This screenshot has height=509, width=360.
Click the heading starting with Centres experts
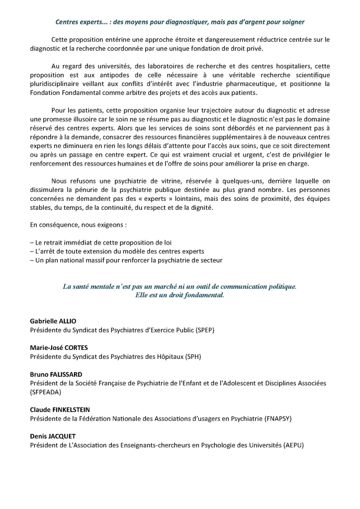click(x=180, y=22)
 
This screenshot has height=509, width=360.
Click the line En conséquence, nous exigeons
click(x=78, y=225)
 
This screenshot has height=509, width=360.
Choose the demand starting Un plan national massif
click(x=126, y=260)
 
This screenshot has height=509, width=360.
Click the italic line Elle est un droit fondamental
click(x=180, y=295)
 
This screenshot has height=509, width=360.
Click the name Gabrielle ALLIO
click(x=53, y=321)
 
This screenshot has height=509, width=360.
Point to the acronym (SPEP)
click(x=203, y=330)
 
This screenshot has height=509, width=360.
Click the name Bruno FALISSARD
click(x=56, y=374)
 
